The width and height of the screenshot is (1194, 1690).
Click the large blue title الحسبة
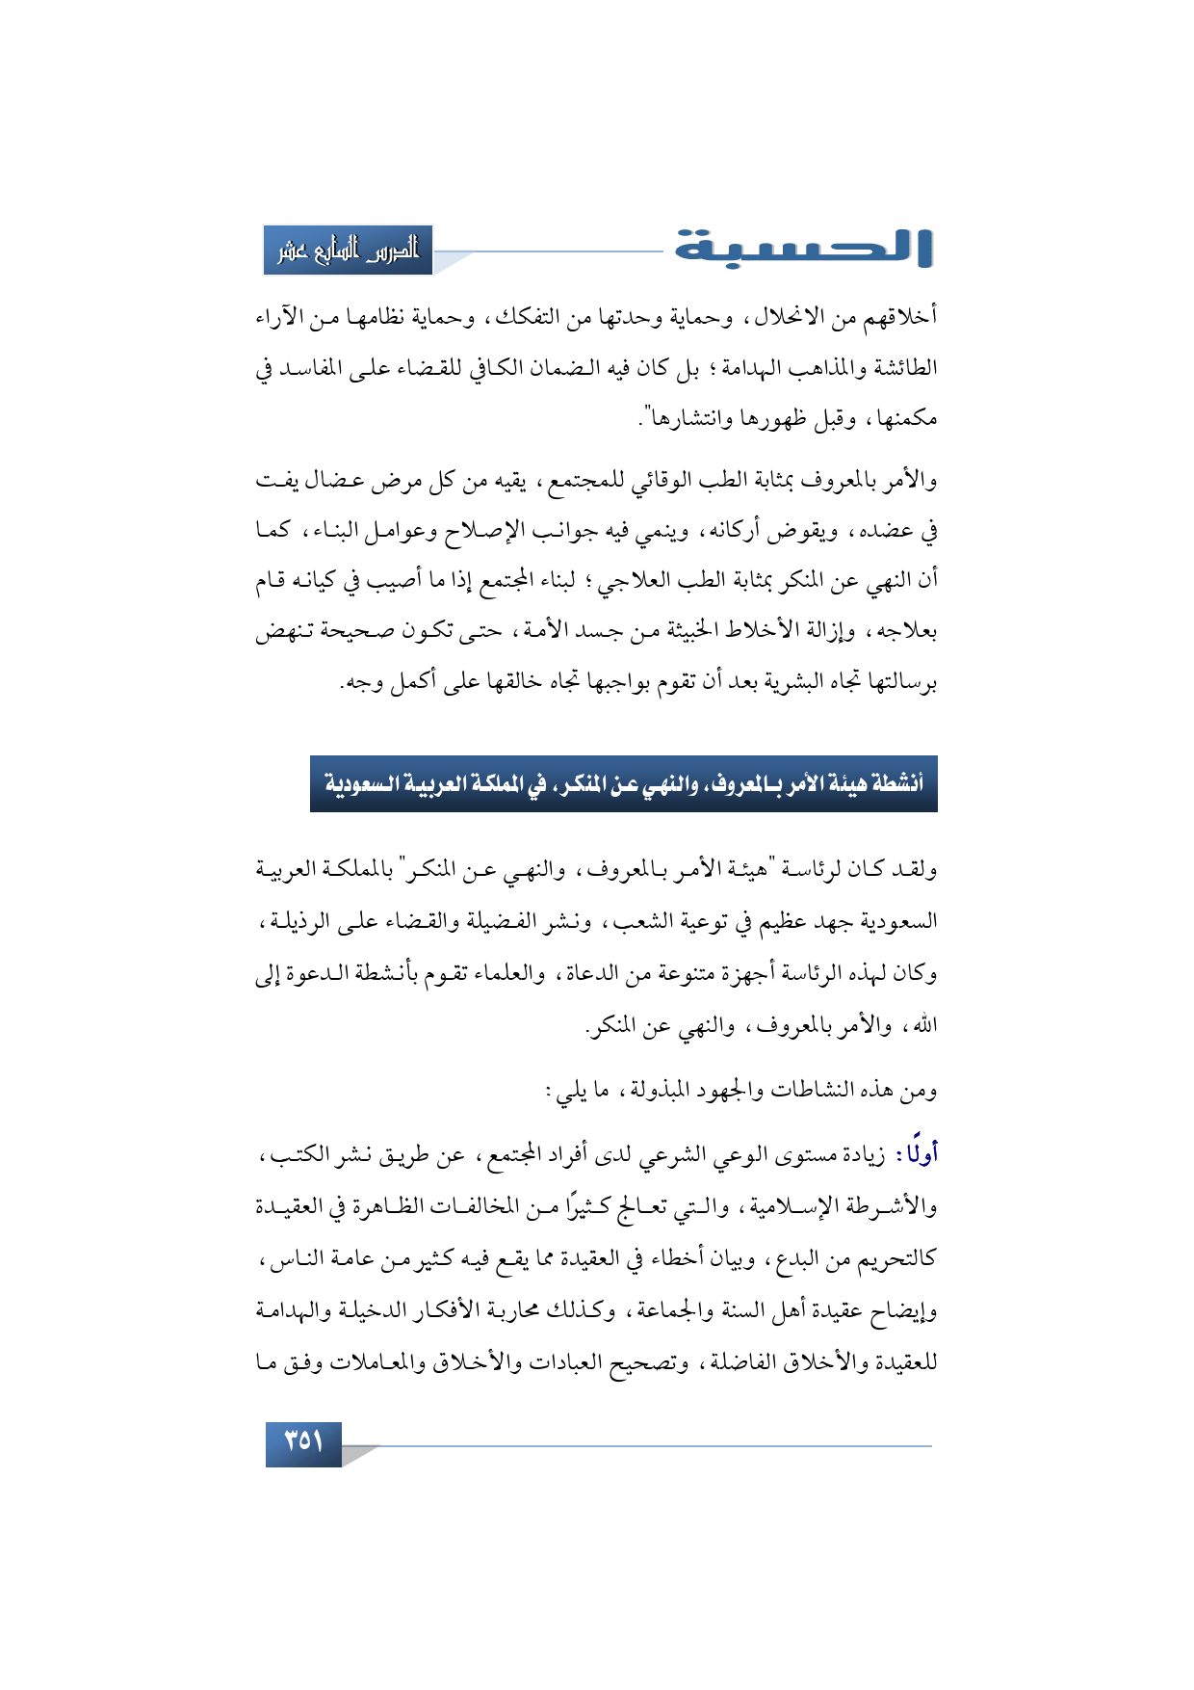(x=803, y=249)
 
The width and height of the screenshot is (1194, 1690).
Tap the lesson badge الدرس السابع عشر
(x=349, y=251)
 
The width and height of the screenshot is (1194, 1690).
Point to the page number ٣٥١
(x=303, y=1442)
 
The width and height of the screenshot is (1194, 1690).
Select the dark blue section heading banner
(x=623, y=784)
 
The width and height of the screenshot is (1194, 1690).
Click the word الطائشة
(x=901, y=368)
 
